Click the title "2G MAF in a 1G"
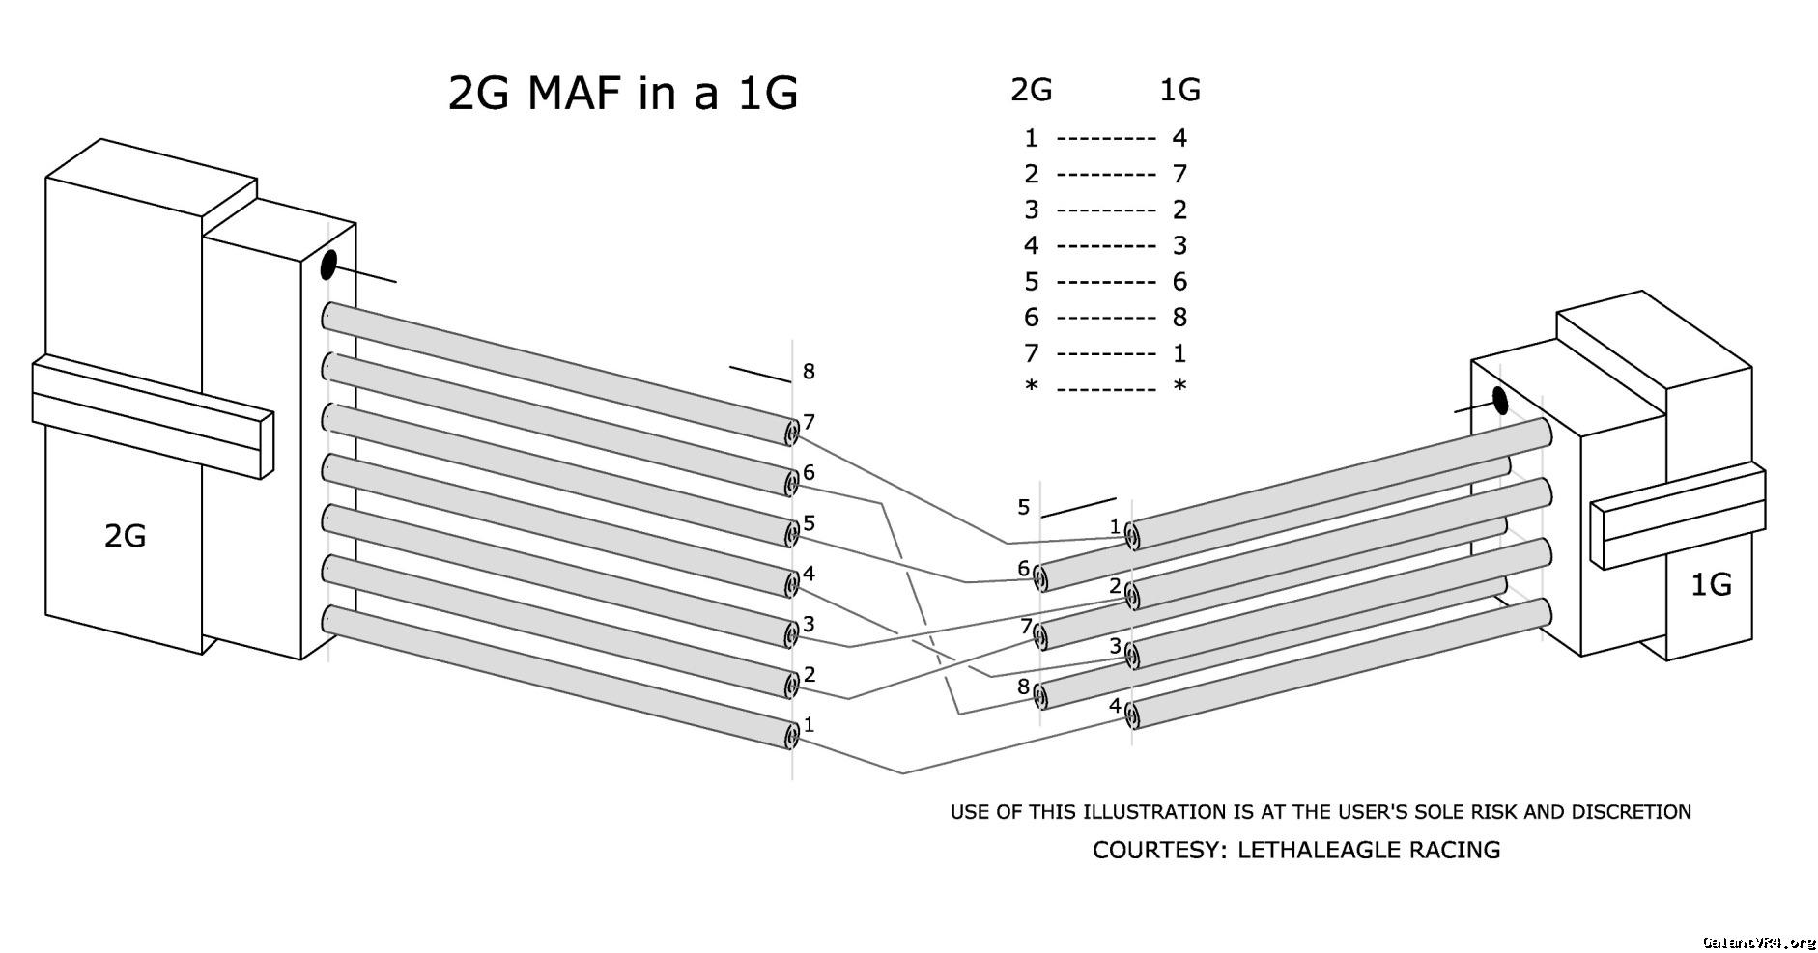[x=623, y=94]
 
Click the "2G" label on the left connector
[x=125, y=536]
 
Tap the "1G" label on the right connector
[x=1710, y=584]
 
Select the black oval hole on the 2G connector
[x=328, y=265]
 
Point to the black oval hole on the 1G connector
[x=1500, y=400]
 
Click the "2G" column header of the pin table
[x=1031, y=90]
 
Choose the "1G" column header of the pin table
[x=1179, y=90]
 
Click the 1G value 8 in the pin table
[x=1179, y=317]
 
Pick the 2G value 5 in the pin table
[x=1032, y=281]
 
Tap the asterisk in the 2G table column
[x=1032, y=387]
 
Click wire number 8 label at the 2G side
[x=809, y=371]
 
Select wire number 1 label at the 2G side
[x=809, y=724]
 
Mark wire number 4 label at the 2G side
[x=809, y=574]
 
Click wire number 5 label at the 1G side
[x=1024, y=507]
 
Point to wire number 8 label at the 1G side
[x=1023, y=687]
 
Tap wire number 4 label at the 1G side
[x=1115, y=706]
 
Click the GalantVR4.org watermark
[x=1758, y=941]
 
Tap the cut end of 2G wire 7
[x=791, y=434]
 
